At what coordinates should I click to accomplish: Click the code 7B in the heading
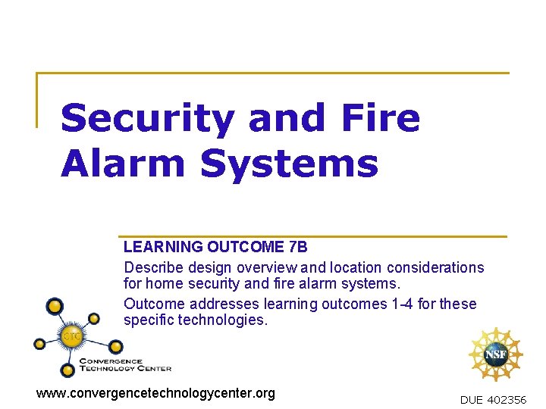[x=298, y=247]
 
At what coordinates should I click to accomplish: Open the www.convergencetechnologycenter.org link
[x=156, y=393]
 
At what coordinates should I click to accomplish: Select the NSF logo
[x=496, y=354]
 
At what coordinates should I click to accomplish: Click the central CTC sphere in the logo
[x=73, y=334]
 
